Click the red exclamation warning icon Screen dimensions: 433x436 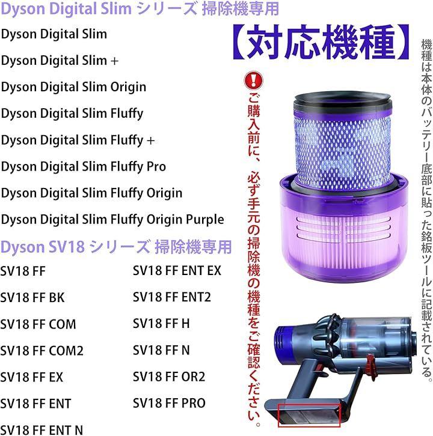253,80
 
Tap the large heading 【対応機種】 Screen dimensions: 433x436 321,42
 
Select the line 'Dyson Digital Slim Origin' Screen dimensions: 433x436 73,87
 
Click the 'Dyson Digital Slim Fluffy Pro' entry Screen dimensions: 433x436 84,167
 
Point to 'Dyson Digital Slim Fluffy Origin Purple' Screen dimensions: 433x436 112,220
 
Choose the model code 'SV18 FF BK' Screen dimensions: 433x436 32,298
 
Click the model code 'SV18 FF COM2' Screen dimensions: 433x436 41,351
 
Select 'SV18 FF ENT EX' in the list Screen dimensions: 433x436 177,271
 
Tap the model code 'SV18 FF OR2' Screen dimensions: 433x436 169,377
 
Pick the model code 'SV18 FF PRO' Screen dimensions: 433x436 170,403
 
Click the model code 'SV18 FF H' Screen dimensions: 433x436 161,324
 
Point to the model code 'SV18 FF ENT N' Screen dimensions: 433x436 41,430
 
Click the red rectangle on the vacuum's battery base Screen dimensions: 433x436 309,416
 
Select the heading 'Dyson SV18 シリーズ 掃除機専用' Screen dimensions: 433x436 116,247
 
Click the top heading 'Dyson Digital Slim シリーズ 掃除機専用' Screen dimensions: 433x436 140,9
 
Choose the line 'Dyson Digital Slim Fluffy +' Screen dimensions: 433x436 78,140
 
